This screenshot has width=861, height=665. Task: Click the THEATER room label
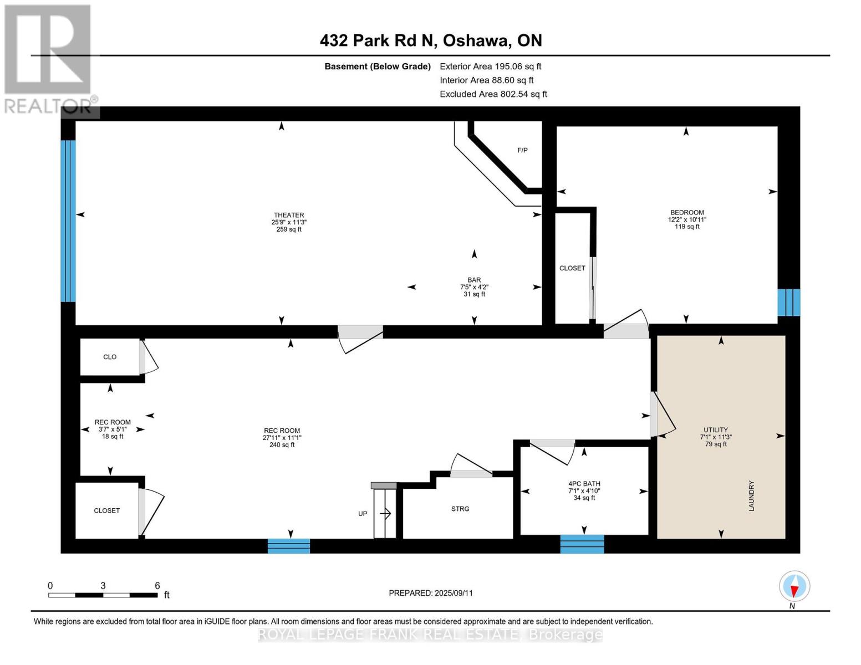[x=289, y=215]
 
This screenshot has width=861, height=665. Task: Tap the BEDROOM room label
[x=687, y=212]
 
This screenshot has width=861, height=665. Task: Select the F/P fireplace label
[x=522, y=150]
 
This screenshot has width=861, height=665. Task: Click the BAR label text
[x=474, y=280]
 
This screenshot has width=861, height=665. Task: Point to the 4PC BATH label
[x=584, y=483]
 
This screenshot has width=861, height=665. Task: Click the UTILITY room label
[x=716, y=429]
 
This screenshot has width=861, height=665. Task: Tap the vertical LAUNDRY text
[x=752, y=495]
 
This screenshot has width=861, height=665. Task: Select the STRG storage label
[x=460, y=509]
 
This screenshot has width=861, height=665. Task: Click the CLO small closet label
[x=110, y=357]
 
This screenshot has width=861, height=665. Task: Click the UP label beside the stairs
[x=363, y=514]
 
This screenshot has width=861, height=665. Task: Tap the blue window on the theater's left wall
[x=68, y=221]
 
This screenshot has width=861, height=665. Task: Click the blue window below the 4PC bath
[x=582, y=544]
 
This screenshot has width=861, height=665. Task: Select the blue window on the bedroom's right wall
[x=788, y=302]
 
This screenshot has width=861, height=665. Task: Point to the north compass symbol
[x=794, y=586]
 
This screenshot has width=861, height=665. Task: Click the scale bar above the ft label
[x=103, y=595]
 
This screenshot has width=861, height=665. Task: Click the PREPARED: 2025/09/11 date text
[x=431, y=593]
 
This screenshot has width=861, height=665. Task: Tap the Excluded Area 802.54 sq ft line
[x=493, y=94]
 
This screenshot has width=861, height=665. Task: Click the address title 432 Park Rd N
[x=431, y=40]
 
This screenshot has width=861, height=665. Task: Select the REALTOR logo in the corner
[x=48, y=58]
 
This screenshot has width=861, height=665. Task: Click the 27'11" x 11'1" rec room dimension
[x=282, y=438]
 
